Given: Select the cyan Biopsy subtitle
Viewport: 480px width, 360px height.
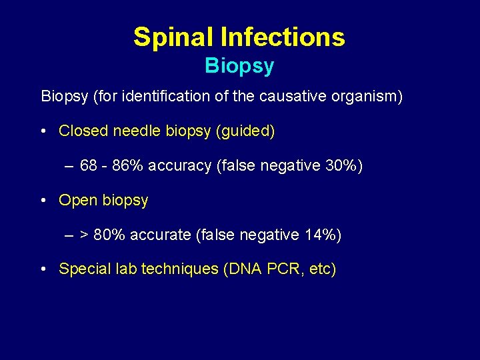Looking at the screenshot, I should coord(239,66).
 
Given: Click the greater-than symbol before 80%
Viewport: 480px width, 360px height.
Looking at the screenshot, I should coord(85,235).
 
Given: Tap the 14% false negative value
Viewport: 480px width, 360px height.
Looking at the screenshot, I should coord(323,235).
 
